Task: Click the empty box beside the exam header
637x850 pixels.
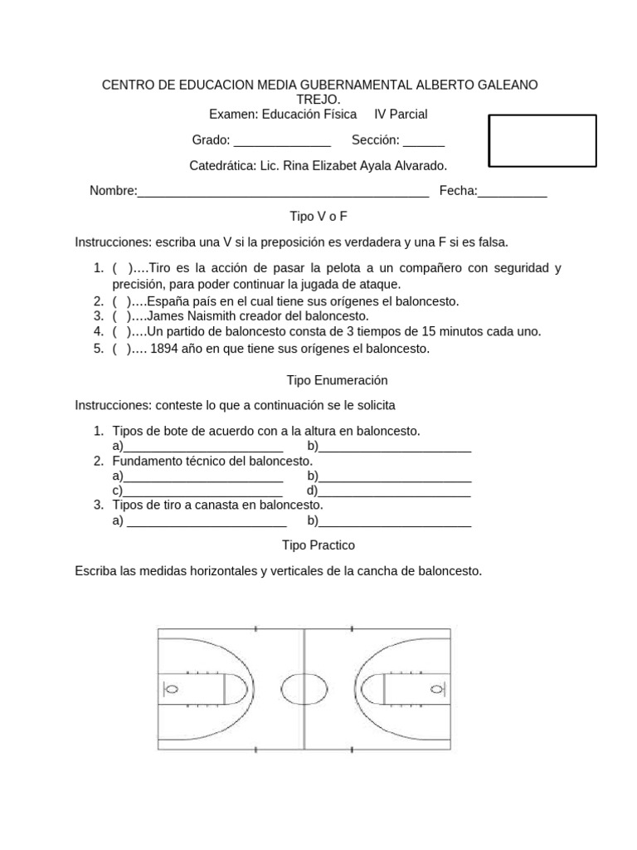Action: (x=542, y=141)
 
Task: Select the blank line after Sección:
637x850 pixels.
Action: (x=424, y=141)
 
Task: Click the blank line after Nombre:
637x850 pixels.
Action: (x=283, y=193)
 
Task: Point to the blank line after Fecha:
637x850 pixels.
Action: (x=513, y=193)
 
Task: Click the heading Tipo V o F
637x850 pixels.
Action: (x=318, y=216)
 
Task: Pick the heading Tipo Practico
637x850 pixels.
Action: (x=318, y=545)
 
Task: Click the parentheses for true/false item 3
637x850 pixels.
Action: (x=121, y=316)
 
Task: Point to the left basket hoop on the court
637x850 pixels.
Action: (x=173, y=689)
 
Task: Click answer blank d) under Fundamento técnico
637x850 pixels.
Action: (x=396, y=491)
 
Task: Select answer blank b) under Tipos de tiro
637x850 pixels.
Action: (x=396, y=522)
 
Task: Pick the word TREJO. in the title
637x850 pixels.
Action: (x=318, y=100)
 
